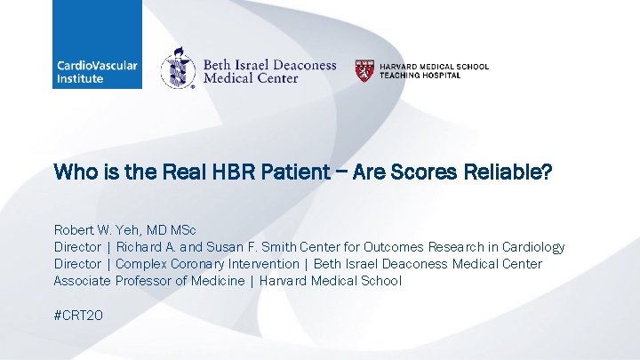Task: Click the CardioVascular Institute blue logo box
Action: click(x=96, y=44)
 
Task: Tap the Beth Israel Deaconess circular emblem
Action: click(x=178, y=68)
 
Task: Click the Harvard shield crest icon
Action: click(x=364, y=70)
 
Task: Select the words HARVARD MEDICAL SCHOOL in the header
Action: click(x=434, y=67)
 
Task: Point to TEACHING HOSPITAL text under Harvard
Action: click(x=420, y=76)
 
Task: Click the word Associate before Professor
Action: click(x=82, y=281)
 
